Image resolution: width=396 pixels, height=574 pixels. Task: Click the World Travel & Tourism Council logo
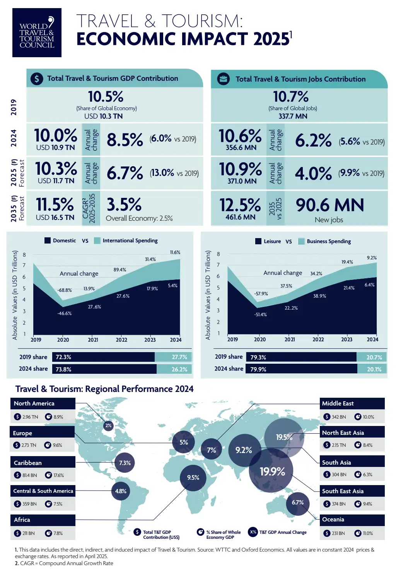[x=37, y=32]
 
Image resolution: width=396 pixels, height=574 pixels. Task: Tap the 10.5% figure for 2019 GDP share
[x=106, y=97]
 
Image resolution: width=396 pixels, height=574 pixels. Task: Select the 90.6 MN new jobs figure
[x=330, y=205]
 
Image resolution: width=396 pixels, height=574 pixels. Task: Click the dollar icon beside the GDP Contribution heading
[x=37, y=79]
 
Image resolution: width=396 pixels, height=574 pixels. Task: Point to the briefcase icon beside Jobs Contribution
[x=223, y=79]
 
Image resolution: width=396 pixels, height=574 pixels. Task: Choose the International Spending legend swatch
[x=97, y=240]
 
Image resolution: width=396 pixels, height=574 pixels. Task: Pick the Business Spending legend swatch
[x=301, y=241]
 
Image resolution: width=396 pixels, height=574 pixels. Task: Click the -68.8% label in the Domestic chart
[x=65, y=290]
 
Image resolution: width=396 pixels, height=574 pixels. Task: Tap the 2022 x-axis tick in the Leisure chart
[x=318, y=339]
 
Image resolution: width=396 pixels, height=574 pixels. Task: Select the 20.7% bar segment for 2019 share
[x=371, y=357]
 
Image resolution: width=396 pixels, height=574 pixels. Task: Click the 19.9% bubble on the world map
[x=272, y=472]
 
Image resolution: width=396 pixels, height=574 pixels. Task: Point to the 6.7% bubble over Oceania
[x=297, y=502]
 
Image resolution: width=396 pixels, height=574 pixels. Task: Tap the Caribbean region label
[x=28, y=463]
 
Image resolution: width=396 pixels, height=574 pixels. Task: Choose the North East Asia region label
[x=343, y=433]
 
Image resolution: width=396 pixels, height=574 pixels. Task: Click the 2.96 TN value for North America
[x=30, y=417]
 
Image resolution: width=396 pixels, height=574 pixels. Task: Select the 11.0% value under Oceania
[x=368, y=533]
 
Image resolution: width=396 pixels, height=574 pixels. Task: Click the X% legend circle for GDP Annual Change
[x=253, y=532]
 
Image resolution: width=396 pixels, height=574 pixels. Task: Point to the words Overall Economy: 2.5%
[x=139, y=218]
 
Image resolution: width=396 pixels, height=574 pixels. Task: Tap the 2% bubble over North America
[x=108, y=426]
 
